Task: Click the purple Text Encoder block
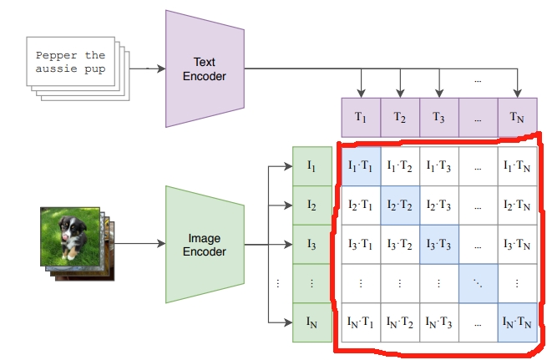click(205, 68)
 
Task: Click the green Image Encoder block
click(205, 244)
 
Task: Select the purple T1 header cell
click(360, 117)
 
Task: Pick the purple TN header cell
click(517, 117)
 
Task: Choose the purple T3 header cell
click(438, 117)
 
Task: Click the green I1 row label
click(311, 166)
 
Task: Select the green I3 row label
click(311, 244)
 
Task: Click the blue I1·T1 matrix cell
click(360, 166)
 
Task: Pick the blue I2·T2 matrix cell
click(399, 205)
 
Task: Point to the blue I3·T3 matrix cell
click(438, 244)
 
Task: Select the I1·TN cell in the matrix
click(517, 166)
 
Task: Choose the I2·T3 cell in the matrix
click(438, 205)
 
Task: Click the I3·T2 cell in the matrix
click(399, 244)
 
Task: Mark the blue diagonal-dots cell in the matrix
click(478, 283)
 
